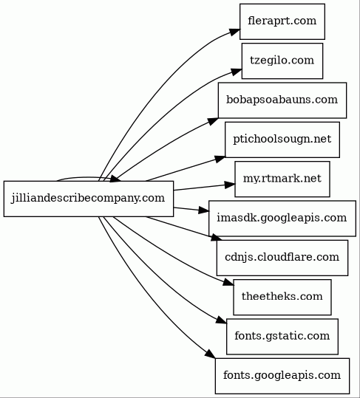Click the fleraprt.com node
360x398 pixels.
(282, 21)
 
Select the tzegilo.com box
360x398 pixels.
(282, 61)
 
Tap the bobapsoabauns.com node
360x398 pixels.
(282, 100)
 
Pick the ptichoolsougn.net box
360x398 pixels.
(282, 140)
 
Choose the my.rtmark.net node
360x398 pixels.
(282, 179)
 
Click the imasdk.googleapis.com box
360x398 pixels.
(282, 219)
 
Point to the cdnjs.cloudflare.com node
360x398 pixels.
(282, 258)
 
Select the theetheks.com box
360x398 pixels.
(282, 298)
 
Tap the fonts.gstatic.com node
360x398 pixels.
(282, 337)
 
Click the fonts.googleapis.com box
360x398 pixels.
(282, 376)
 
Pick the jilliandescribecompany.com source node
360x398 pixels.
(89, 199)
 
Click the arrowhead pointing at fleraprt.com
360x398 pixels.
(234, 32)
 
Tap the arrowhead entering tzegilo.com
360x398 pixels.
(236, 72)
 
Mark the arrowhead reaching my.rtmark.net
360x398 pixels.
(230, 185)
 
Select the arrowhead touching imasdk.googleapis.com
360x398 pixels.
(204, 210)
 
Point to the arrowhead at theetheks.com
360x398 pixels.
(228, 282)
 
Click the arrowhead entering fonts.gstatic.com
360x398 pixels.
(221, 320)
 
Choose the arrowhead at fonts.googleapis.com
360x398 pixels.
(211, 354)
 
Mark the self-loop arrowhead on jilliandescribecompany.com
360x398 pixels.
(115, 179)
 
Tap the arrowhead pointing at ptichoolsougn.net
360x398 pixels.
(220, 159)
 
